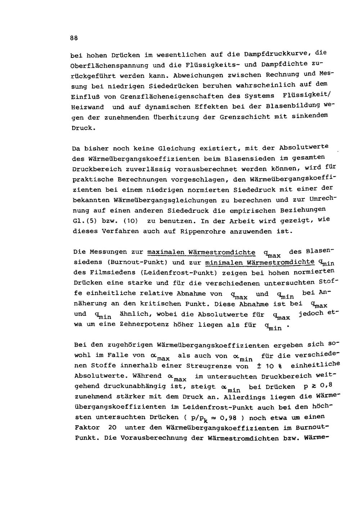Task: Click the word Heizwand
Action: (x=88, y=107)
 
